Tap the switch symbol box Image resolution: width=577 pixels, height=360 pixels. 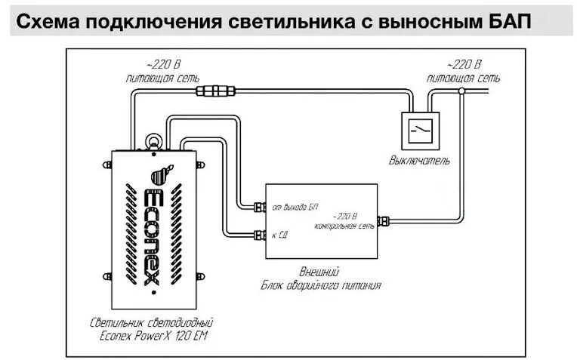421,131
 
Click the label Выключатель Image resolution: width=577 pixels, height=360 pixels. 420,160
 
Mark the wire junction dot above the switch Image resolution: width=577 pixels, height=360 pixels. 461,91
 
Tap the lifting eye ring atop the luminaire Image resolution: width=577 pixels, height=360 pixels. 153,140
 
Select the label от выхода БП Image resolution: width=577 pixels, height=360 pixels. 297,206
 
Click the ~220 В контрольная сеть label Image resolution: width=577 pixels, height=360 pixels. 344,220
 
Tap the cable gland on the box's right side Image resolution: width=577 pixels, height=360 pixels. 383,221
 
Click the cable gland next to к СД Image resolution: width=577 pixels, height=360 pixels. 259,235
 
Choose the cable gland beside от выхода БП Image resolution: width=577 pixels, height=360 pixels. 259,205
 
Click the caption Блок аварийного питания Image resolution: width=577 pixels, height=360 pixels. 321,285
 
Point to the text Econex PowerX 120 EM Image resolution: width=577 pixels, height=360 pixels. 153,335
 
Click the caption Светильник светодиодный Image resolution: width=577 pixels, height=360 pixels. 153,322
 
